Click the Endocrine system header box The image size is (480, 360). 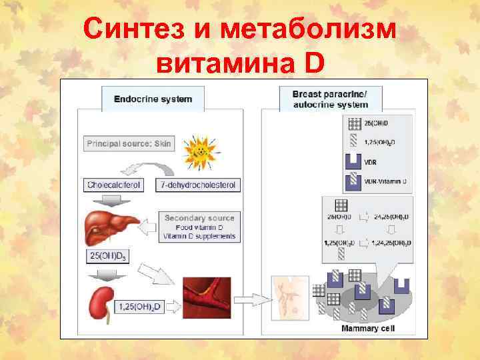pyautogui.click(x=153, y=99)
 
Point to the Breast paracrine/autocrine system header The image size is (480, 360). pyautogui.click(x=330, y=99)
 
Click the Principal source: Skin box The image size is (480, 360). pyautogui.click(x=129, y=143)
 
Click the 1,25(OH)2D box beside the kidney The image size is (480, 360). pyautogui.click(x=140, y=307)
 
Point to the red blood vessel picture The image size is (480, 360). pyautogui.click(x=207, y=297)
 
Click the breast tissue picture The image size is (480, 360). pyautogui.click(x=292, y=299)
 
